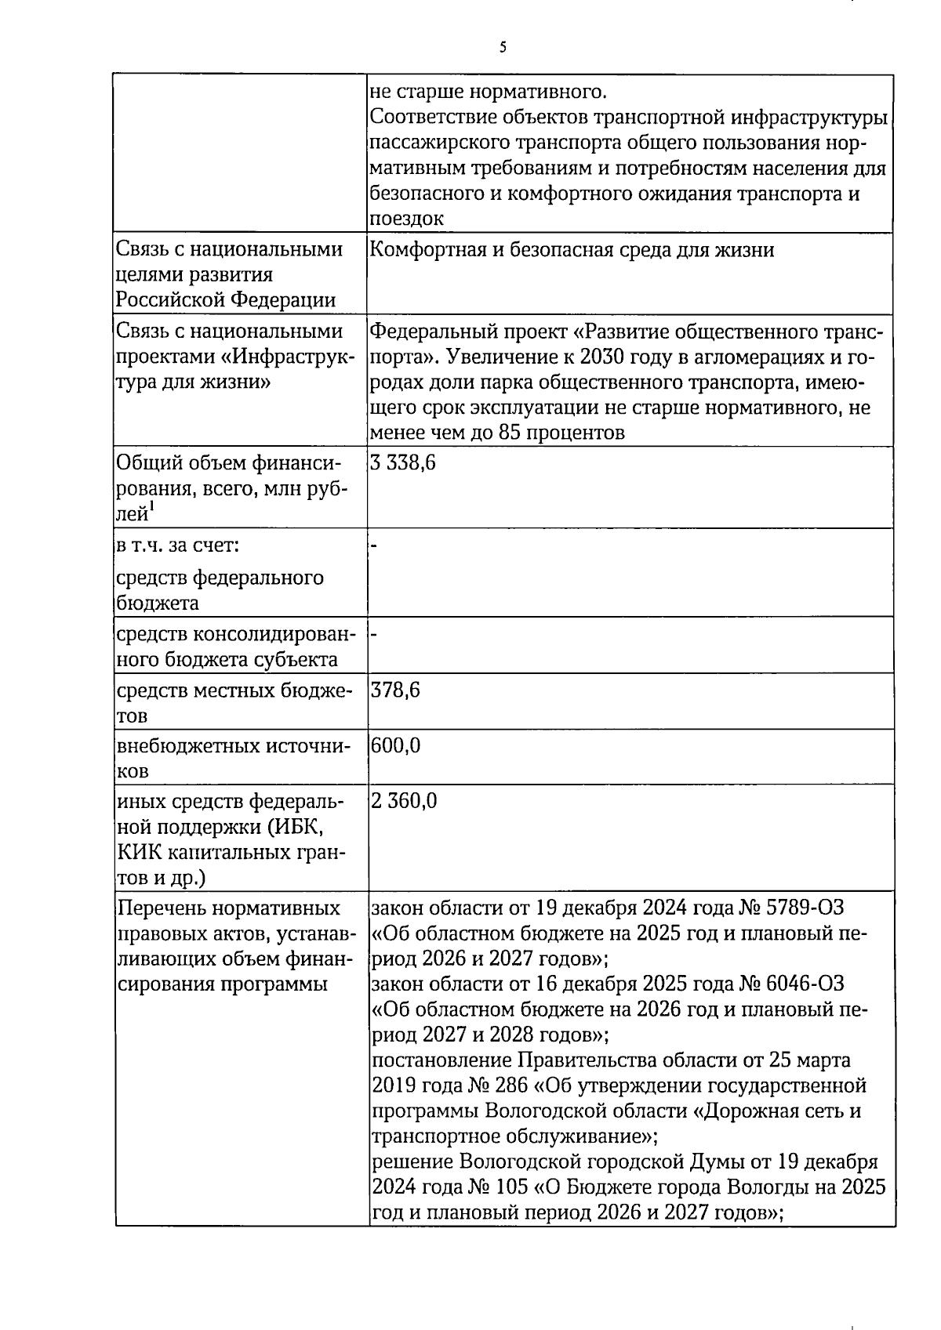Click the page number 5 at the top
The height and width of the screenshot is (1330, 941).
(503, 47)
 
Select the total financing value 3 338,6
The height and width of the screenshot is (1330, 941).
(403, 462)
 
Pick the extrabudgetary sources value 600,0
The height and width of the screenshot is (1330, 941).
(396, 745)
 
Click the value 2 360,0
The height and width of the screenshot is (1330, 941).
(405, 801)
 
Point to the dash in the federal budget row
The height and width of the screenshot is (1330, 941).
(374, 545)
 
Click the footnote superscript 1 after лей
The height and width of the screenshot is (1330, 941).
(152, 507)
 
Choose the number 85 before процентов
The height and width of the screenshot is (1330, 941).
(510, 433)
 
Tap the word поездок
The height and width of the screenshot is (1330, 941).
(406, 219)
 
